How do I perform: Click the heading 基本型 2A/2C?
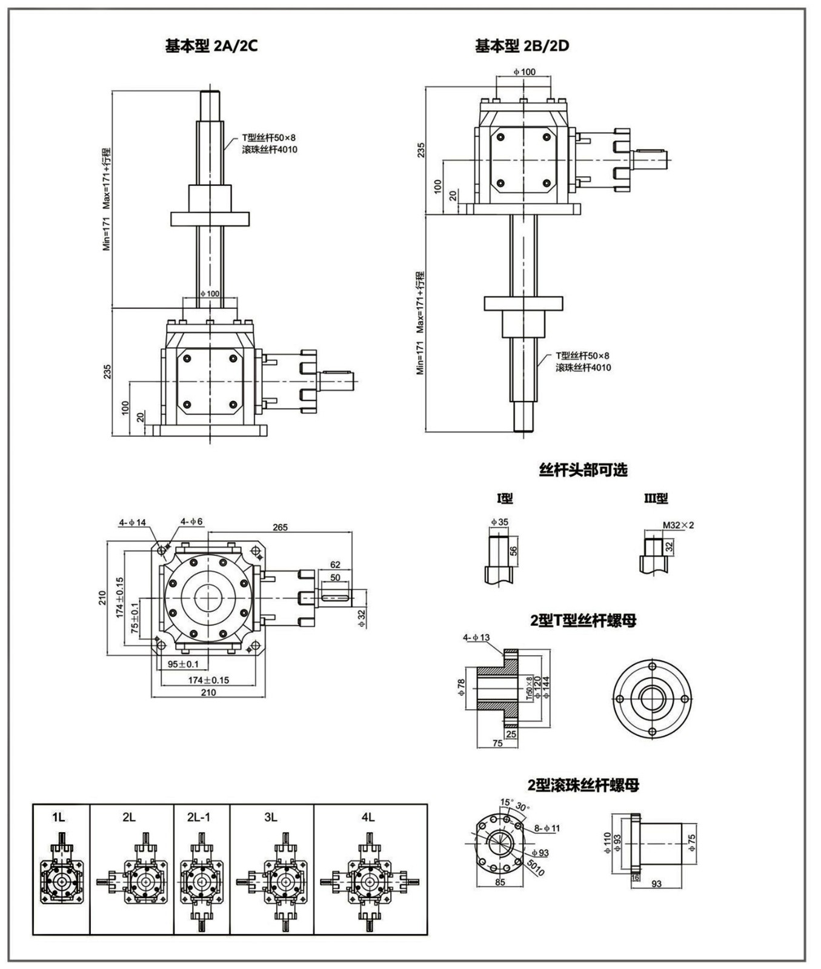coord(211,46)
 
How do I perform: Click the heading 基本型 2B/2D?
coord(522,46)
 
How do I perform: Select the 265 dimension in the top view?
coord(280,527)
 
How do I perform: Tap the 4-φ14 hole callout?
coord(133,522)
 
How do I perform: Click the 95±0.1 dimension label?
coord(183,664)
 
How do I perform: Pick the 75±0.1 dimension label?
coord(135,617)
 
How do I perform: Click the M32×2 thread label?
coord(678,525)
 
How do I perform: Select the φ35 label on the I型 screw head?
coord(499,522)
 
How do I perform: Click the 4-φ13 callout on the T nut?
coord(476,637)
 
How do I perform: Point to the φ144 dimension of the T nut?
coord(547,688)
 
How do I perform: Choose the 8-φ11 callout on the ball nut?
coord(548,828)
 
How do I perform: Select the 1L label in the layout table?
coord(59,818)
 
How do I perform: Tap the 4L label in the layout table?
coord(368,818)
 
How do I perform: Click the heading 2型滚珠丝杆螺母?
coord(583,785)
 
